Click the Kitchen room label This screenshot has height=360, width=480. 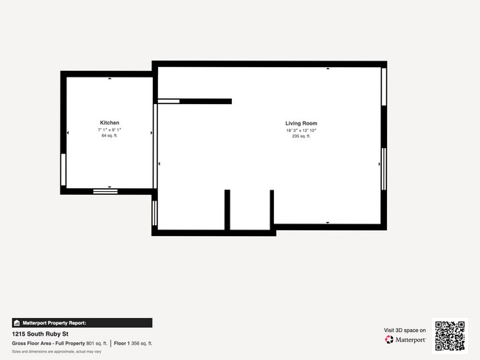click(x=110, y=122)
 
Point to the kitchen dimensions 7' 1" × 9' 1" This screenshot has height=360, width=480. click(x=110, y=130)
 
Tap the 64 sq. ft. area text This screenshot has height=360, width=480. click(x=110, y=136)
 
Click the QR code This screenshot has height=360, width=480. click(x=450, y=336)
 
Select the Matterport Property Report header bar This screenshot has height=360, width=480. click(x=82, y=322)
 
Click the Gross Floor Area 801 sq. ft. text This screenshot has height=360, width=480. click(x=59, y=343)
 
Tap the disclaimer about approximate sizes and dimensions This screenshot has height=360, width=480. click(x=56, y=351)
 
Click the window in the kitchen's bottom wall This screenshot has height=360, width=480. click(x=106, y=191)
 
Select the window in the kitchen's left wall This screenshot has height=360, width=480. click(x=63, y=170)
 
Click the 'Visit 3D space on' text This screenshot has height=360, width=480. click(x=405, y=330)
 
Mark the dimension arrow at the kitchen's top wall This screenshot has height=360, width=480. click(x=110, y=78)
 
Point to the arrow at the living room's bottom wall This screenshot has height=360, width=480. click(x=328, y=222)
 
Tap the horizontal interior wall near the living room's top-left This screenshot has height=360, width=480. click(x=205, y=101)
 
